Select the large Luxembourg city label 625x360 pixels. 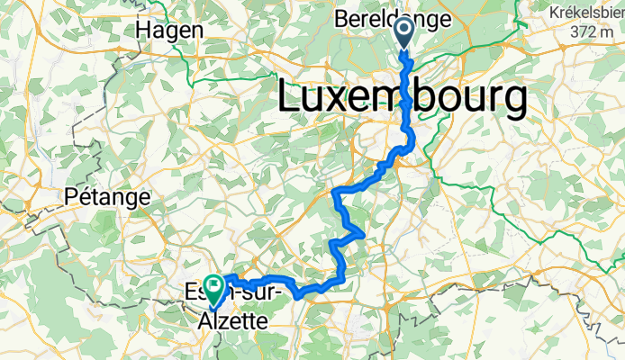(402, 96)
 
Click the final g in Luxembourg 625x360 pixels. (513, 102)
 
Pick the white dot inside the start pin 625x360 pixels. (403, 31)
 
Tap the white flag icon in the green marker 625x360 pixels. (214, 286)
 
